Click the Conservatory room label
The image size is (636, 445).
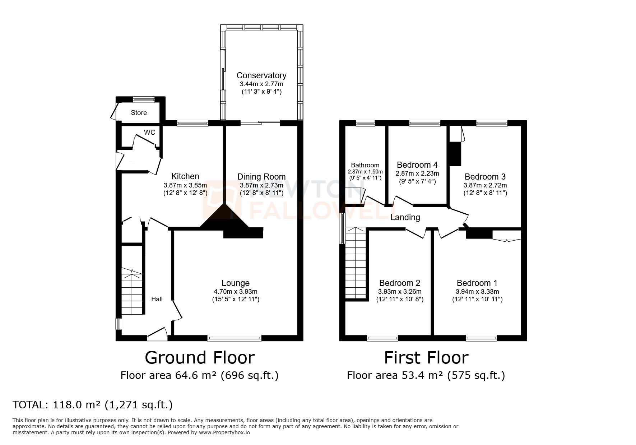coord(261,75)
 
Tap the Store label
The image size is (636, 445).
coord(139,113)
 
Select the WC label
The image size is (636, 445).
coord(149,133)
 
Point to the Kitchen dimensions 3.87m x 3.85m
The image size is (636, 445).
coord(185,185)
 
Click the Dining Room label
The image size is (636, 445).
coord(261,177)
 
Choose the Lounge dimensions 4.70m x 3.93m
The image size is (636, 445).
coord(235,292)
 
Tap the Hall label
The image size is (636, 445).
coord(157,299)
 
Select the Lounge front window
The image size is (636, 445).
coord(234,338)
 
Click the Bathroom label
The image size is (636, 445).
coord(365,165)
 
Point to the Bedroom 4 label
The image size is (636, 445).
coord(417,165)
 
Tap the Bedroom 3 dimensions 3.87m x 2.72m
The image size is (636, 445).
coord(485,185)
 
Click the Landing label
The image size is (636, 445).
coord(405,217)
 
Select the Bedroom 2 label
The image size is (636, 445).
coord(399,283)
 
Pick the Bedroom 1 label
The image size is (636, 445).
coord(477,283)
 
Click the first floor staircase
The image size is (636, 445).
coord(356,262)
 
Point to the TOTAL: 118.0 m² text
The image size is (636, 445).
coord(92,405)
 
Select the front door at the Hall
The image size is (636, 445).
coord(157,335)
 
